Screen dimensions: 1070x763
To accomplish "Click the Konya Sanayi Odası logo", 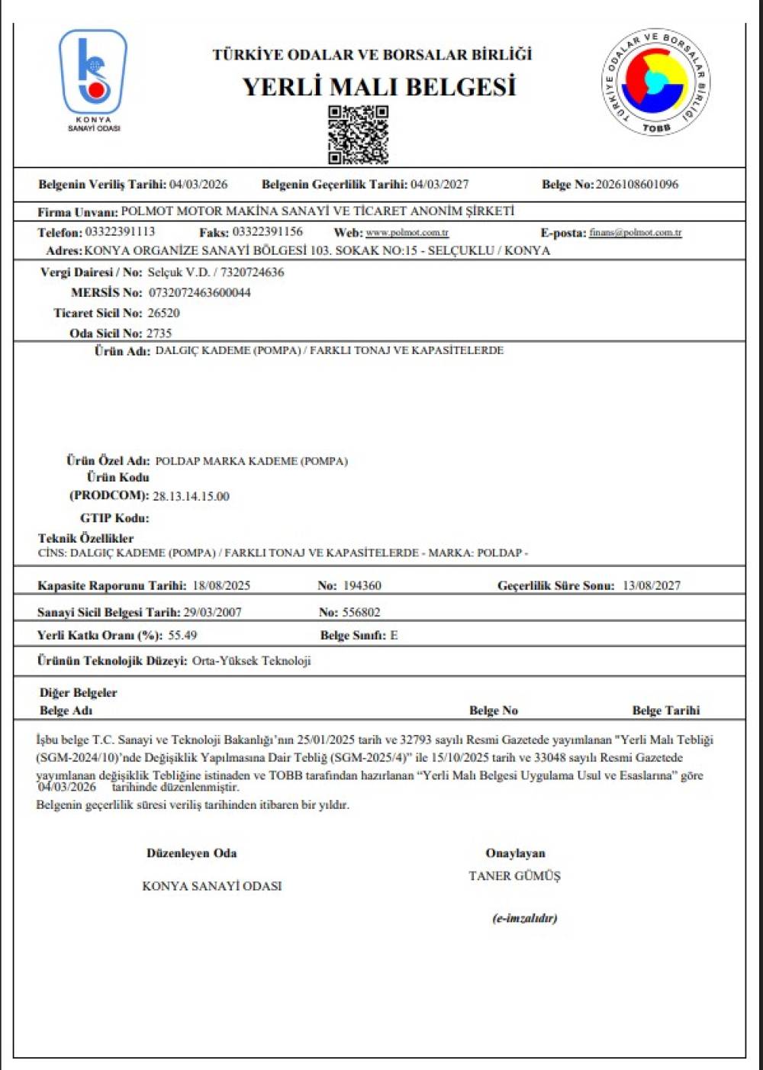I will (93, 76).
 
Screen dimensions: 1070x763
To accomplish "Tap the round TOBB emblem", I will (655, 82).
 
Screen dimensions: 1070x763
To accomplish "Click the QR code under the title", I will (358, 135).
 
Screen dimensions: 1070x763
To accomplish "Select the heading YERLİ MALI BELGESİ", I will (379, 87).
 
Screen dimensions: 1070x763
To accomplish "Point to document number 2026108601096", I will (636, 185).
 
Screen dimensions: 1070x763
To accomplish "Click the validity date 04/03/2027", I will (439, 185).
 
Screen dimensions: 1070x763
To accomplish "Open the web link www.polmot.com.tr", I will (407, 233).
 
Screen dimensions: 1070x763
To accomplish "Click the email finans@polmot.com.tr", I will (635, 233).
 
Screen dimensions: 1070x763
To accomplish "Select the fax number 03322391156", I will (267, 232).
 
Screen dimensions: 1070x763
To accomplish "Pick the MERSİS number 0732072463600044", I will (199, 293).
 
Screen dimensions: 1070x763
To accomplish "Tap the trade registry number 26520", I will (163, 313).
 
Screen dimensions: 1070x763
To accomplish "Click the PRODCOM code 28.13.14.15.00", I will (191, 497).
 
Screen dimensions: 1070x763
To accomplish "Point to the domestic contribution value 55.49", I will (182, 636).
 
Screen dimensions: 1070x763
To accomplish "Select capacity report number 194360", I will (362, 586).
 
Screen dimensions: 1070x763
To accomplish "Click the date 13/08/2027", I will (651, 586).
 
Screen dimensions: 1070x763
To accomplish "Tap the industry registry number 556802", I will (361, 613).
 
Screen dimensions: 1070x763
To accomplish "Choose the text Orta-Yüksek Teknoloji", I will (251, 662).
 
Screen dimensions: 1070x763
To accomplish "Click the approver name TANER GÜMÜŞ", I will (514, 876).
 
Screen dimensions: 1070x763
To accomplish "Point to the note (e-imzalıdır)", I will (524, 918).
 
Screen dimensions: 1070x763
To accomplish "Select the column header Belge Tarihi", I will (665, 711).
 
